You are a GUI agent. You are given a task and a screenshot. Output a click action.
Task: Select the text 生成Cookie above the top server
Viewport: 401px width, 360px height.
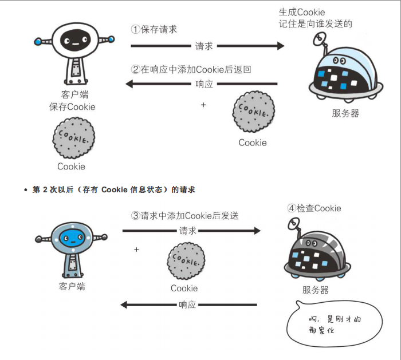click(301, 12)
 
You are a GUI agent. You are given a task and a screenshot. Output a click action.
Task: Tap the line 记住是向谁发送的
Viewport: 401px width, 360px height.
click(315, 24)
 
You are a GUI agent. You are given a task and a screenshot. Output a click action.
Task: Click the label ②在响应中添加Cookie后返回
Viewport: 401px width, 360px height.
click(191, 69)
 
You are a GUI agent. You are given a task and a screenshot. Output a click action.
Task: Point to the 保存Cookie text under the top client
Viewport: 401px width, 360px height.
click(72, 106)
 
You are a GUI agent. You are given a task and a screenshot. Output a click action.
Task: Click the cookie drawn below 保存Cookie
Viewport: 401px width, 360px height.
click(73, 138)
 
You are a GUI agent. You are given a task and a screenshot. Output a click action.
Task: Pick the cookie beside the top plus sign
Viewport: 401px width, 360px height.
click(253, 112)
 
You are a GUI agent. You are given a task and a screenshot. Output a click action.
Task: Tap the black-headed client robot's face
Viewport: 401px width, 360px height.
click(74, 40)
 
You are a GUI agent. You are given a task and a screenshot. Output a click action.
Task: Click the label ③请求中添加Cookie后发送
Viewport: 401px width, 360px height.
click(184, 216)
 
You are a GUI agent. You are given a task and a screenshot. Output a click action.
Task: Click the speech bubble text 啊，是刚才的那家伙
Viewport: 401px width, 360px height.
click(335, 325)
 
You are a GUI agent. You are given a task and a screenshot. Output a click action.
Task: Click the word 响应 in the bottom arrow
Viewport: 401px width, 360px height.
click(187, 304)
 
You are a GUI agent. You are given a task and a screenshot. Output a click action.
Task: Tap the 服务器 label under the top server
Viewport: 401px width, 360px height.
click(345, 113)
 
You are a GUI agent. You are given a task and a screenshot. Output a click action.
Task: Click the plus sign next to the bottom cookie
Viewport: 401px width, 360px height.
click(136, 250)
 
